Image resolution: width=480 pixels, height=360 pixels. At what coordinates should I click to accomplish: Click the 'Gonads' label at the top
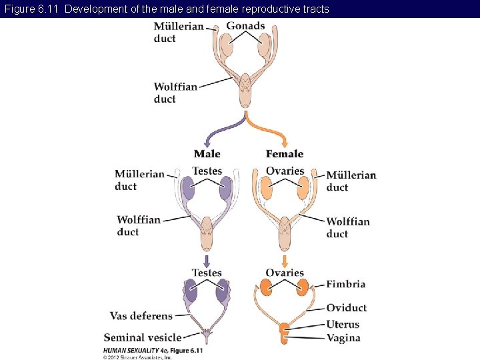pos(245,26)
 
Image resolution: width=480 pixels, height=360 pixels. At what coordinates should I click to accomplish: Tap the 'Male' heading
pos(207,154)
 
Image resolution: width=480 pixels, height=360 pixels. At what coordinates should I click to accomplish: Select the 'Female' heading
pos(285,154)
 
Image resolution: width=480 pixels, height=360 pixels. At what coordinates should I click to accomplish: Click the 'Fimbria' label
pos(345,284)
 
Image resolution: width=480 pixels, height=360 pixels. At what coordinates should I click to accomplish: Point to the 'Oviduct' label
pos(346,308)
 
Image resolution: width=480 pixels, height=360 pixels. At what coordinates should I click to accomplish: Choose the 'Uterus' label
pos(343,325)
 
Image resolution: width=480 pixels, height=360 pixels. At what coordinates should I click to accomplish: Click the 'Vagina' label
pos(343,338)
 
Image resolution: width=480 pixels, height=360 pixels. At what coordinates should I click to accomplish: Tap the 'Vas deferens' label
pos(141,316)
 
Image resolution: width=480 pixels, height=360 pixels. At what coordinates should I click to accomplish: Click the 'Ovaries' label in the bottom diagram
pos(285,273)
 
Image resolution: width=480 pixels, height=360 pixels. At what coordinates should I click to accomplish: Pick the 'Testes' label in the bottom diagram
pos(207,273)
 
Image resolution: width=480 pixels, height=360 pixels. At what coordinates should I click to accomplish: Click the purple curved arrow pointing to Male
pos(223,130)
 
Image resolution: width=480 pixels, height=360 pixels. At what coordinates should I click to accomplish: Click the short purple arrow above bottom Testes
pos(207,260)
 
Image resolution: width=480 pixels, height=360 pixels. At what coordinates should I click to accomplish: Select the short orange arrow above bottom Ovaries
pos(285,260)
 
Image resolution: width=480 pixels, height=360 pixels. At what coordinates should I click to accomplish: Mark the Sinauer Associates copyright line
pos(137,357)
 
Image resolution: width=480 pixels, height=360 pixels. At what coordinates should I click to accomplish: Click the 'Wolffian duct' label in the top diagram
pos(175,93)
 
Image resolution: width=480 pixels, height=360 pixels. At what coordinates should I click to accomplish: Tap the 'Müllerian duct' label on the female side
pos(351,181)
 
